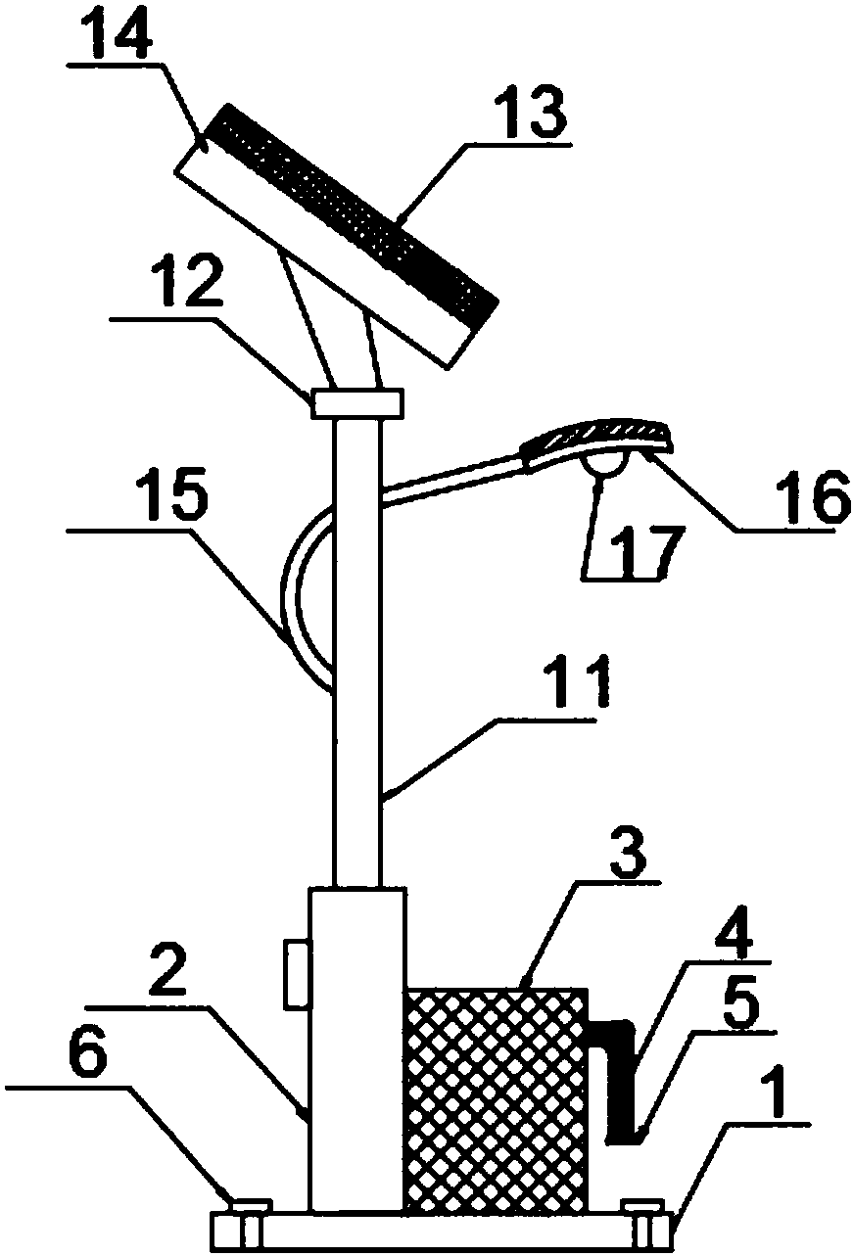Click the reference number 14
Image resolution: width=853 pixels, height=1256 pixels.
point(117,39)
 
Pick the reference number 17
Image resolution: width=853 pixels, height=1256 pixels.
point(646,552)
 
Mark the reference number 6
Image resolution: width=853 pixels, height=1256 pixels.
point(87,1063)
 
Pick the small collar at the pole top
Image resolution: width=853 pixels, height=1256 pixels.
point(356,403)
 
